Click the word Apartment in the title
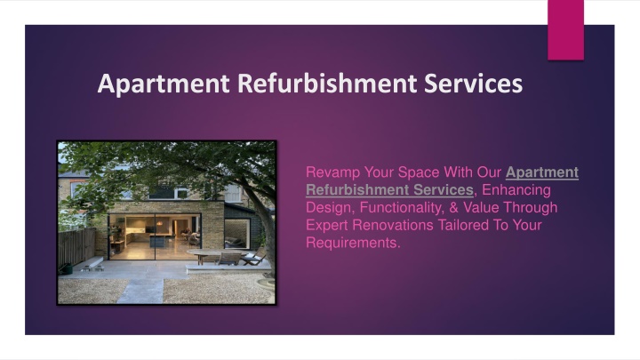click(164, 84)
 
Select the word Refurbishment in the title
click(327, 83)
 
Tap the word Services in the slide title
click(474, 83)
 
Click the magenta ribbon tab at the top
click(565, 30)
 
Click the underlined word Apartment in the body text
click(542, 172)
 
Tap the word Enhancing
click(516, 190)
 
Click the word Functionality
click(402, 208)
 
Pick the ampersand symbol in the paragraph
click(453, 207)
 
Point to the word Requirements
click(353, 243)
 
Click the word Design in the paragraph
click(329, 208)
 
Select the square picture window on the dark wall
click(237, 234)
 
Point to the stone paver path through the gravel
click(140, 291)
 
